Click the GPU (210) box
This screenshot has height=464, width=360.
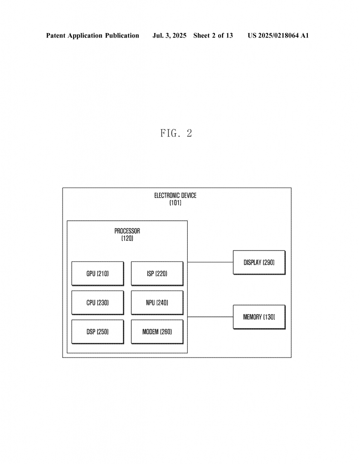click(x=97, y=273)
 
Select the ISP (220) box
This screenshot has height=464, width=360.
click(x=157, y=273)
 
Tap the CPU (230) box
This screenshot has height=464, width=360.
click(x=97, y=302)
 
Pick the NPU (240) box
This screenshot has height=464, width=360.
click(x=157, y=302)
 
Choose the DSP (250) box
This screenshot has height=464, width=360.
click(x=97, y=332)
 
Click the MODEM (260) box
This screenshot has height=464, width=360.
click(x=157, y=332)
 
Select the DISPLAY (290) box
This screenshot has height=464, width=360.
click(x=259, y=262)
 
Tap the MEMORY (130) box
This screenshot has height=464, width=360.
click(x=259, y=317)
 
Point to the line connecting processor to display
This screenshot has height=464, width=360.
click(x=210, y=262)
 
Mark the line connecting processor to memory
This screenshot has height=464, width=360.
click(x=210, y=317)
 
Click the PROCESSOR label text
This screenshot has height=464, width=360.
click(x=127, y=231)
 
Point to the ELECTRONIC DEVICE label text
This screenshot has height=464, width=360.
click(x=175, y=195)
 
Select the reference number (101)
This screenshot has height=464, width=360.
click(x=175, y=203)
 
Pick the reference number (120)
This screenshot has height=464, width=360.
click(x=127, y=238)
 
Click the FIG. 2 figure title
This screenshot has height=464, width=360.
click(x=176, y=133)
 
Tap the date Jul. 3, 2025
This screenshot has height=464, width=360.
click(x=169, y=35)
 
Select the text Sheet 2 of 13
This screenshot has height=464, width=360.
click(x=213, y=35)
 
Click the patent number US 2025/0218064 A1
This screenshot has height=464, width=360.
click(x=278, y=35)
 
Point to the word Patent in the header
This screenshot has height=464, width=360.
click(x=56, y=35)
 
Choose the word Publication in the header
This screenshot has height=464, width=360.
click(x=122, y=36)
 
